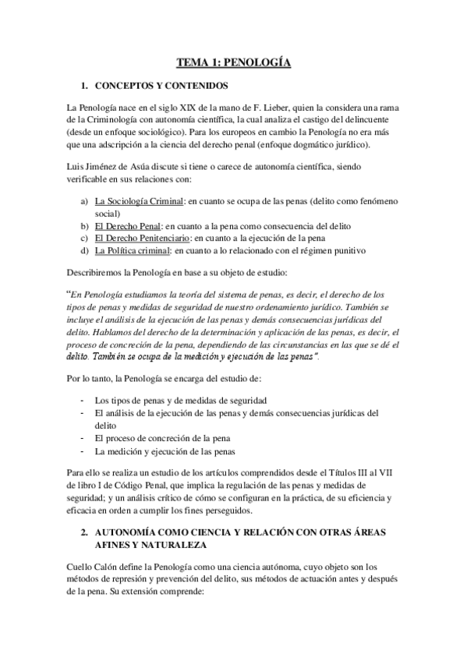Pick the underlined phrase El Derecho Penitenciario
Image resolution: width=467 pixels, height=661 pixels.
[x=143, y=238]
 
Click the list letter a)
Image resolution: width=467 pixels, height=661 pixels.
[x=85, y=202]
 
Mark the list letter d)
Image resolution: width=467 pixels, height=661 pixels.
[x=85, y=250]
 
